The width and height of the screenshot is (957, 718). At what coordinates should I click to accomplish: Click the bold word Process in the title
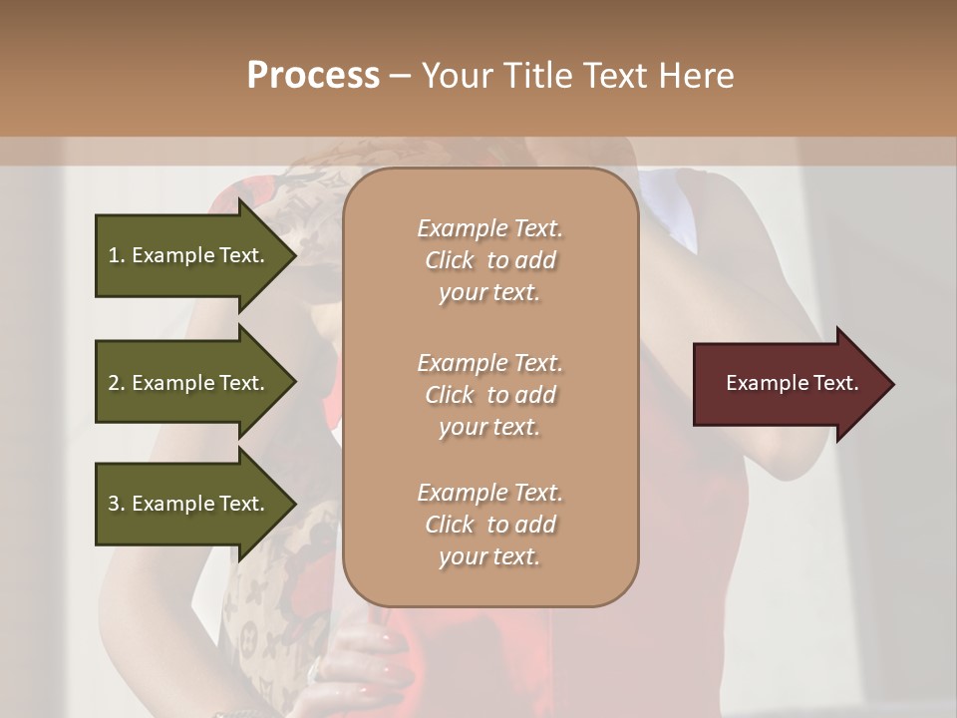313,76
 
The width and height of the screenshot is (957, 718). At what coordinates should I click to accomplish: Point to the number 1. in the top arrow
117,255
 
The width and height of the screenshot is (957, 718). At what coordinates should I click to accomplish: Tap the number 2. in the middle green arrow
117,383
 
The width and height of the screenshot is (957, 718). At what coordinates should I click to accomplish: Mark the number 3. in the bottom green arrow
117,504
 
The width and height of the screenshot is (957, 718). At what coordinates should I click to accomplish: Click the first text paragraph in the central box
489,260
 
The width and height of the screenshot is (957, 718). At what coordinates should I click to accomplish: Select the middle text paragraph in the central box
489,394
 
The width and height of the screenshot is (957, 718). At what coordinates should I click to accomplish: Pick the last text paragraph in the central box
489,525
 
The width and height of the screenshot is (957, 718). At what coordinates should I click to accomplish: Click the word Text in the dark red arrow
838,383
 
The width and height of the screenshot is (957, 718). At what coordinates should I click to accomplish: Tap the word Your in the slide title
458,76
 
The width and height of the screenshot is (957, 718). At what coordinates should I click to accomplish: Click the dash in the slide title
401,76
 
